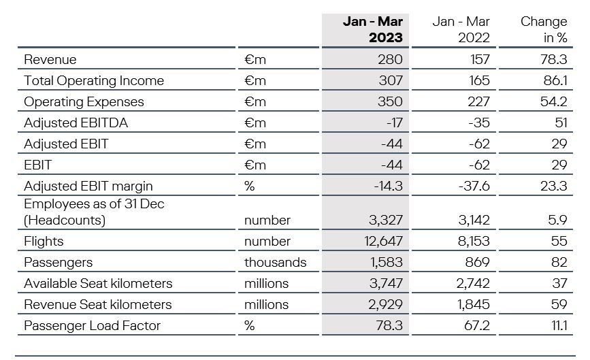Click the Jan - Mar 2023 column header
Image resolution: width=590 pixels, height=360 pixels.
[372, 29]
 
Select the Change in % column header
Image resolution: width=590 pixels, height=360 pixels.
[544, 29]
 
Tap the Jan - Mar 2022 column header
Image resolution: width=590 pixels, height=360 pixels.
[461, 29]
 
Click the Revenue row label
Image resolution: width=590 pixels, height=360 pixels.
[50, 59]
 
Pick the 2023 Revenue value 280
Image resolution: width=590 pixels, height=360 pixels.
[390, 59]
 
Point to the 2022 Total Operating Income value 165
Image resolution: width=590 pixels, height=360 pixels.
[479, 80]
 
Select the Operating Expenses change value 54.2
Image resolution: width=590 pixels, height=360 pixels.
[553, 101]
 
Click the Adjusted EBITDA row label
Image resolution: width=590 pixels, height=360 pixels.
[76, 122]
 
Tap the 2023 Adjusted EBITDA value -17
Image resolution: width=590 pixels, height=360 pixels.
[394, 122]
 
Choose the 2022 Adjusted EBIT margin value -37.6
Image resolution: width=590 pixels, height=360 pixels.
[474, 186]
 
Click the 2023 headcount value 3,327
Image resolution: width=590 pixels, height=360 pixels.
[386, 220]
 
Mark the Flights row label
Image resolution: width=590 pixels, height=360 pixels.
[44, 241]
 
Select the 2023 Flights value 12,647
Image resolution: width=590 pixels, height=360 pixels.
[383, 241]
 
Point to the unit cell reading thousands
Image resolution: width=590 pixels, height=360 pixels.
[276, 262]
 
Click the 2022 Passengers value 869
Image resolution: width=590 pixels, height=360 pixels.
[477, 262]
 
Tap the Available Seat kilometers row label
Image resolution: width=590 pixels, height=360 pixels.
[98, 283]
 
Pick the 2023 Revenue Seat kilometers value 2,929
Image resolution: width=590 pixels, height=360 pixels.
[385, 304]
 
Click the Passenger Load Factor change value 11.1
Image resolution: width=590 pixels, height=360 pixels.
[559, 325]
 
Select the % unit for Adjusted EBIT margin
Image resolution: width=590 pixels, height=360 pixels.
[250, 186]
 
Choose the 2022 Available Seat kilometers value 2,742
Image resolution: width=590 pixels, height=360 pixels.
[473, 283]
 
